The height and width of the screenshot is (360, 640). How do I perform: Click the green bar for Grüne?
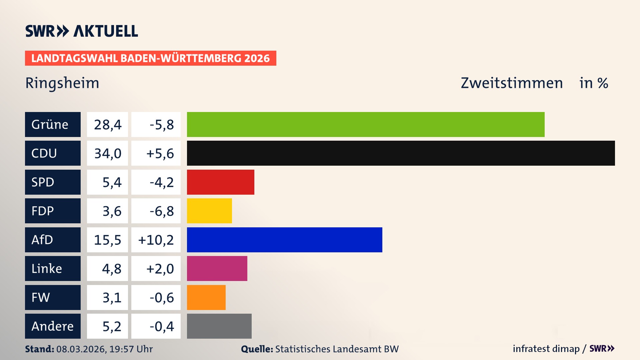[365, 124]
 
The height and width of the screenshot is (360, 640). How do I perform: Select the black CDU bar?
[401, 153]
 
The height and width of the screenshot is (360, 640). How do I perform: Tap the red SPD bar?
[220, 182]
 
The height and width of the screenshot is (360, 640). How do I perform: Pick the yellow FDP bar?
[209, 211]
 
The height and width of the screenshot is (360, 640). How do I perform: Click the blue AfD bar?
[284, 240]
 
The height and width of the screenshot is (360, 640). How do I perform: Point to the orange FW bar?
[206, 297]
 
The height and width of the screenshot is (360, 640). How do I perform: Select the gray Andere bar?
[219, 326]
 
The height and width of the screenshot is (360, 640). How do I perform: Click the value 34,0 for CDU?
[108, 153]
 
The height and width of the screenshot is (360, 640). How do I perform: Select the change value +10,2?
[156, 240]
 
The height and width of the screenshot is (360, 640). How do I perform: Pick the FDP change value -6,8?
[162, 211]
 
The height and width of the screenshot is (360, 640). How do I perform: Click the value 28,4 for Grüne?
[108, 125]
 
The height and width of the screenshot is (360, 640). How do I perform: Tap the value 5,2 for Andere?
[112, 326]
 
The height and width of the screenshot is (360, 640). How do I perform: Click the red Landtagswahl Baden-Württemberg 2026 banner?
[150, 58]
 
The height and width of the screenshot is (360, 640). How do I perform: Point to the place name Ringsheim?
[62, 83]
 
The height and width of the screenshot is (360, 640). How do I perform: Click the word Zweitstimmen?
[512, 83]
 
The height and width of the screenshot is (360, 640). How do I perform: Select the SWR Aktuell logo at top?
[82, 31]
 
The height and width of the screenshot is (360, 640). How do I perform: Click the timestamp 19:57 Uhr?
[131, 349]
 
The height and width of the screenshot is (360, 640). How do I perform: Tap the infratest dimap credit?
[546, 349]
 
